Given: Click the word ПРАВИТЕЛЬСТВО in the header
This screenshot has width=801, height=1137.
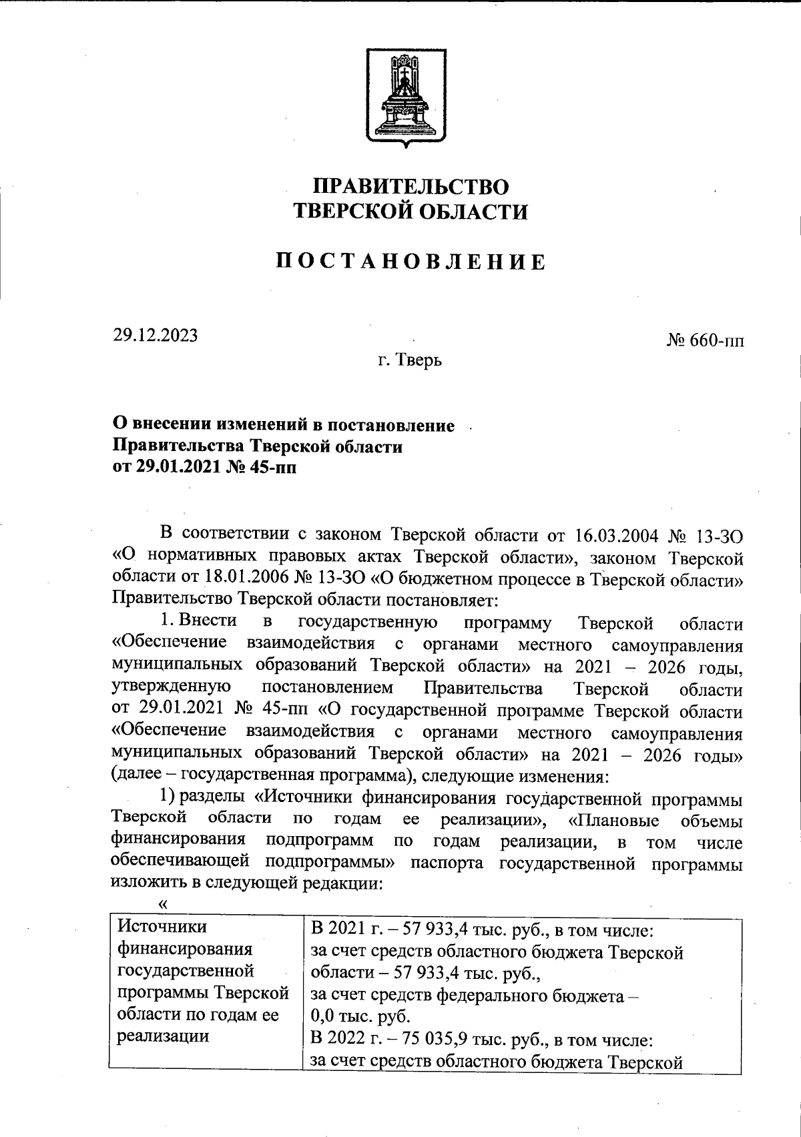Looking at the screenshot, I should [411, 186].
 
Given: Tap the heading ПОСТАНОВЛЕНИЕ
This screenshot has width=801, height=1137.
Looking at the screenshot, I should [411, 262].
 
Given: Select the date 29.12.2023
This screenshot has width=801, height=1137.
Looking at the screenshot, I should [155, 336].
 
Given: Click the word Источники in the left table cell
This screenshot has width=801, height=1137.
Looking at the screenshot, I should [163, 927].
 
